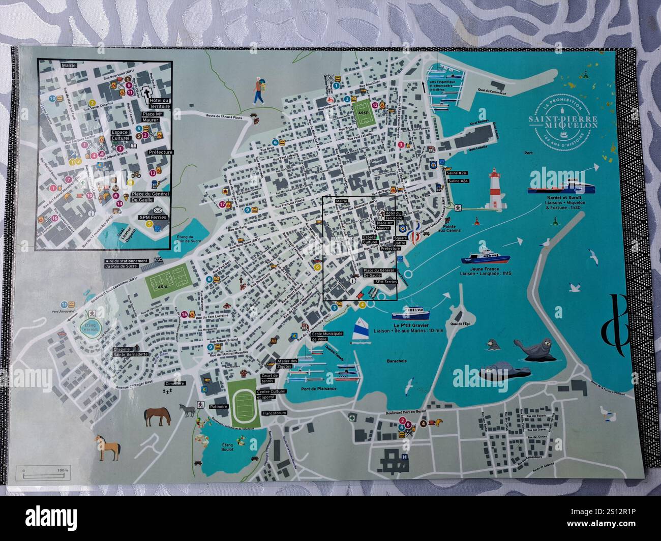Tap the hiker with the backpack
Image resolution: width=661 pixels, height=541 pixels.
(x=259, y=91)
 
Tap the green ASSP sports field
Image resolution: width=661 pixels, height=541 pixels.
(x=364, y=117)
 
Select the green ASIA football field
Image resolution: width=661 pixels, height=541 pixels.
(x=168, y=279)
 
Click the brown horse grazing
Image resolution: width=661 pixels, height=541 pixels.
(x=158, y=416)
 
